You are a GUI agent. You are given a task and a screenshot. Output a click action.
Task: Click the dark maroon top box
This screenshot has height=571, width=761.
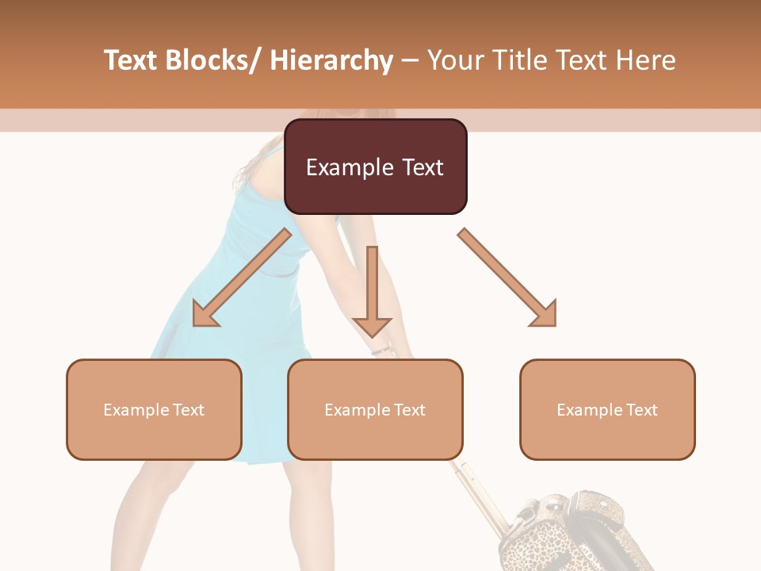375,167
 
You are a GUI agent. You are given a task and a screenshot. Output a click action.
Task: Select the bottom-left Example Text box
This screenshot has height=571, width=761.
154,410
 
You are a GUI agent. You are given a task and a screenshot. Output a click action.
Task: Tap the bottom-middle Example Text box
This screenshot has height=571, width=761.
375,410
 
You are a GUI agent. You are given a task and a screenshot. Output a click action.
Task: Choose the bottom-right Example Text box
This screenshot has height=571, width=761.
607,410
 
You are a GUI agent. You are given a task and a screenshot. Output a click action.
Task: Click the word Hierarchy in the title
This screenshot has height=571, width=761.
331,60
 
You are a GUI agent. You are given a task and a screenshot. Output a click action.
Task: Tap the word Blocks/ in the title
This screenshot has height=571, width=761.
216,60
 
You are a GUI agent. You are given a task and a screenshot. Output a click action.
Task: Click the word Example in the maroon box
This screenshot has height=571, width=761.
347,167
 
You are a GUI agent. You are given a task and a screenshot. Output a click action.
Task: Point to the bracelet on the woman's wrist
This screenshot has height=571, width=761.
382,349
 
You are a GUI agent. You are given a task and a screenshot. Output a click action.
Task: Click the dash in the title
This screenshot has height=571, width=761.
411,60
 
